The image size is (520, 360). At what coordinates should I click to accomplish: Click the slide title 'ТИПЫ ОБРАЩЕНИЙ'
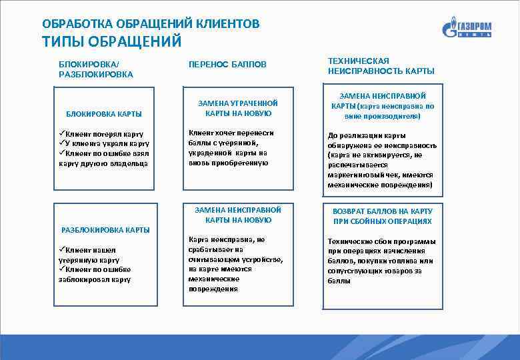coord(111,42)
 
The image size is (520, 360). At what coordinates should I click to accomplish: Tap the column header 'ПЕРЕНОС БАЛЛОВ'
coord(227,65)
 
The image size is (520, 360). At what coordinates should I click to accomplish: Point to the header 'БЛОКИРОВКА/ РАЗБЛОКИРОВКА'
coord(96,69)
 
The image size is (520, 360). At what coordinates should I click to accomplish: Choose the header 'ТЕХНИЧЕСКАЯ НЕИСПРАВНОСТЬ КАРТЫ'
coord(381,65)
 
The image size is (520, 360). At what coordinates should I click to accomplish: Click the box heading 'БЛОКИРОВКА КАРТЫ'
coord(103,114)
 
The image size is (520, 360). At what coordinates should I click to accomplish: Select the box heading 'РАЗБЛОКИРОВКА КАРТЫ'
coord(105,230)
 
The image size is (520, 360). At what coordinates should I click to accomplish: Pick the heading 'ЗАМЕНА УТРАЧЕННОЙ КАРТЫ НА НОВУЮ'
coord(238,108)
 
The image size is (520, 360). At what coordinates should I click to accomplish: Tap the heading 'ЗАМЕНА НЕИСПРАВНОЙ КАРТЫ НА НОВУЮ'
coord(238,215)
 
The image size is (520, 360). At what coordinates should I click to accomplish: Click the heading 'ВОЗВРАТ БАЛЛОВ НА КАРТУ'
coord(382,211)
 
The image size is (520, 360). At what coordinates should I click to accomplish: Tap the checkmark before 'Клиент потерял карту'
coord(62,134)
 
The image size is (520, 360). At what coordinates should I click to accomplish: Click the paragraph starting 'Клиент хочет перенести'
coord(231,147)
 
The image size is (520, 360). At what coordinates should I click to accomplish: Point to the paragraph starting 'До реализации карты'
coord(381,160)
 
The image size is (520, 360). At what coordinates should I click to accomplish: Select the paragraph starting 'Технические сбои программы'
coord(381,261)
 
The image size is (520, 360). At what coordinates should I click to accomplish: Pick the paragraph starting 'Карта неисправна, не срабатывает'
coord(235,264)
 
